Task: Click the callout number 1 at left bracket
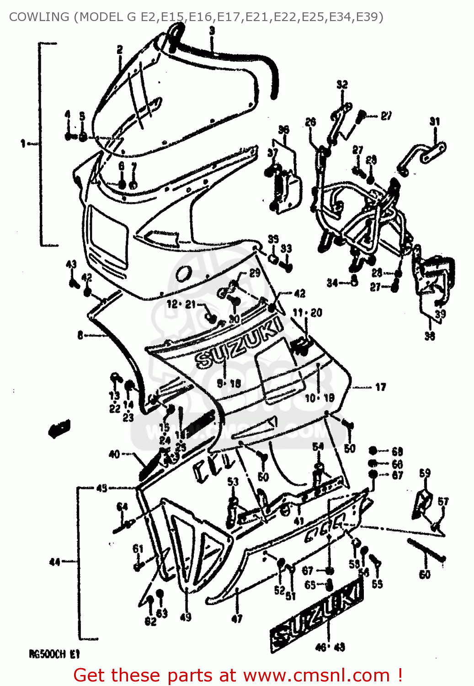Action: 22,144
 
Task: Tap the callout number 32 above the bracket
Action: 342,85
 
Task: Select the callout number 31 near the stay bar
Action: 434,121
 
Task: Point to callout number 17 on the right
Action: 380,387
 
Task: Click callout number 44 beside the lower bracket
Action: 54,562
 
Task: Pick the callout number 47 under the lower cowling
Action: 236,619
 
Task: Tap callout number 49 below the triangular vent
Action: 186,617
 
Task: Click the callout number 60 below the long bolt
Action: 425,574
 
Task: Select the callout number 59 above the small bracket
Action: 425,473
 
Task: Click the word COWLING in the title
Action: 39,17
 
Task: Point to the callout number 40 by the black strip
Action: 114,454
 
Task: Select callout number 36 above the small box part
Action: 283,129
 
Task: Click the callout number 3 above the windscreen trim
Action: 212,31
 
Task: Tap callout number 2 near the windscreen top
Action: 119,49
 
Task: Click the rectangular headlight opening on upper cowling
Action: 108,236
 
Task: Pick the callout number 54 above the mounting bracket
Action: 318,446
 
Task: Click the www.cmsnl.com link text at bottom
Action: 316,675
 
